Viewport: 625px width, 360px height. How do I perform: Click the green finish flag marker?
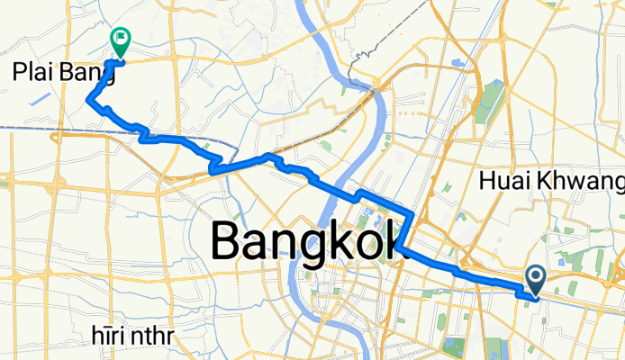click(119, 39)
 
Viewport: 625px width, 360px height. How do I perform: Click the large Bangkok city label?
click(305, 240)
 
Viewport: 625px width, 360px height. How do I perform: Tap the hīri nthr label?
click(134, 337)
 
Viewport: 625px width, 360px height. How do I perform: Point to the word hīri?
click(108, 337)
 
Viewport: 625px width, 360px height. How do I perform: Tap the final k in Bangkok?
click(392, 240)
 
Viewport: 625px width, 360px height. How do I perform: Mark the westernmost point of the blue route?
click(86, 99)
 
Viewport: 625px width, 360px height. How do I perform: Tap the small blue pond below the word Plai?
click(40, 98)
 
